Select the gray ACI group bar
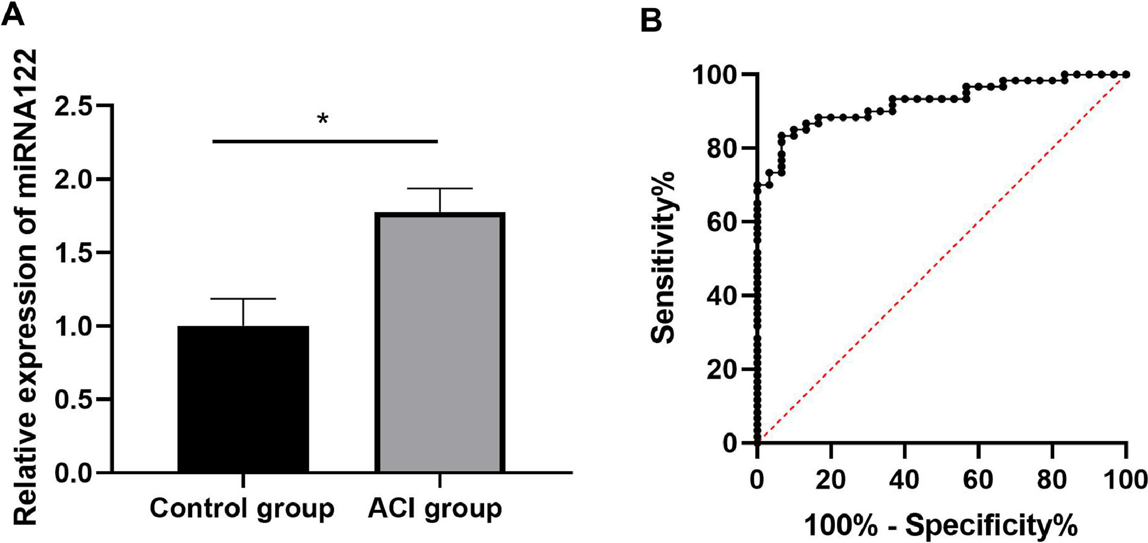tap(440, 342)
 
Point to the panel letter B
tap(651, 21)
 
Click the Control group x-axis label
tap(242, 509)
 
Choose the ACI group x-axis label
tap(434, 509)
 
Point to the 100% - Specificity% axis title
tap(941, 525)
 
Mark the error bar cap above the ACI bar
tap(440, 189)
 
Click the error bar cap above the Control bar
tap(243, 299)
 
